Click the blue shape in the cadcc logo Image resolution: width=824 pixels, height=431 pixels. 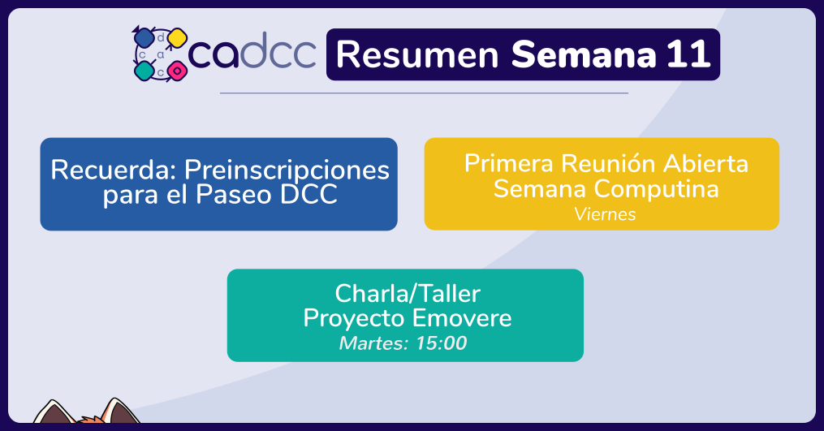[144, 38]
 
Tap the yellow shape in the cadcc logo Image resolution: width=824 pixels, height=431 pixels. [177, 38]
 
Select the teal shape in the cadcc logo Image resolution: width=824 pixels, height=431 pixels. [144, 71]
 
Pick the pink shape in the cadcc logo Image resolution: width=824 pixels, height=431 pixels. [177, 71]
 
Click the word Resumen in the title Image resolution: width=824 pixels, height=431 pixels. [417, 54]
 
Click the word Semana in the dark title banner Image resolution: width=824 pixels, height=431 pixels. [584, 54]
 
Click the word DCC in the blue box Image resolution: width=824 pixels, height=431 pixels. [308, 195]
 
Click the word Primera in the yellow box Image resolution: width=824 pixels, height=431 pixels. [509, 163]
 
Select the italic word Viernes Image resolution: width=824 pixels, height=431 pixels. [605, 214]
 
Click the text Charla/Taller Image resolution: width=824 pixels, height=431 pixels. [408, 293]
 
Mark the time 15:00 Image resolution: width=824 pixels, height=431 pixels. [441, 343]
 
